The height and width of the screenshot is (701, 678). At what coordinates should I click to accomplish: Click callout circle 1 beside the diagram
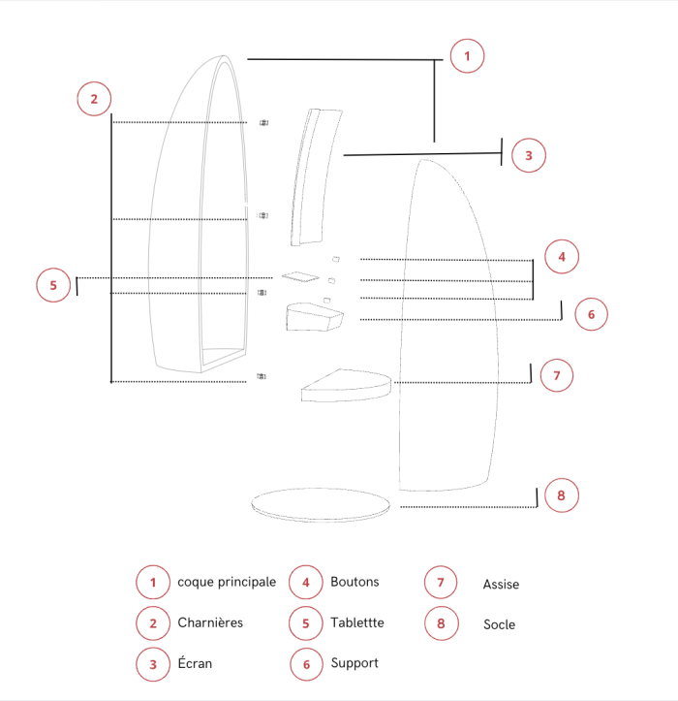467,56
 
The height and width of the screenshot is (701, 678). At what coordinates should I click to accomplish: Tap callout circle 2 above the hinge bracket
94,99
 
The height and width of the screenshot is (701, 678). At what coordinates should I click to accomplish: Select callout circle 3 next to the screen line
529,155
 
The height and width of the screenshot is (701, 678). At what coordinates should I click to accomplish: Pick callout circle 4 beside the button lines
562,257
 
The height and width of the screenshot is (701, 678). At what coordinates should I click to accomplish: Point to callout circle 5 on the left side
53,285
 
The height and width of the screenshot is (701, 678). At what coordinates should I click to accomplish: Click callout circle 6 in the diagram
591,314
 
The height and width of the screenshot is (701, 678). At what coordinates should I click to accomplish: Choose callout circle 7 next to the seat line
557,375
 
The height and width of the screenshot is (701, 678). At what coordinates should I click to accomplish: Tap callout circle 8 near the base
562,495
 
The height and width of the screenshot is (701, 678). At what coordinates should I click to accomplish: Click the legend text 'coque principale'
227,582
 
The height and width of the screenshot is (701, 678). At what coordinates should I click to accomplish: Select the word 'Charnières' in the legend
210,622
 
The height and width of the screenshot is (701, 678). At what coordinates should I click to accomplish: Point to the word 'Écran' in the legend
195,662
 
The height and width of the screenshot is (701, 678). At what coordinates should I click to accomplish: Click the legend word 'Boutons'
354,582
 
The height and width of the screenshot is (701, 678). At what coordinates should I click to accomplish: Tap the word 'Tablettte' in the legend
357,622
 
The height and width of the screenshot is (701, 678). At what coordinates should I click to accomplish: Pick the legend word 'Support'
354,663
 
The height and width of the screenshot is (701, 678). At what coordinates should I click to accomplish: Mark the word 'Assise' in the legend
501,585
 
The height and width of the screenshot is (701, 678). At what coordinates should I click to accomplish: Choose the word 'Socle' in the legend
500,624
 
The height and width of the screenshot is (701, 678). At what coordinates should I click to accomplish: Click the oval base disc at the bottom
321,505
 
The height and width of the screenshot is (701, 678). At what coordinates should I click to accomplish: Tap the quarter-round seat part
346,385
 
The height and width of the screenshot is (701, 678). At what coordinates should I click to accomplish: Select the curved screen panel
316,177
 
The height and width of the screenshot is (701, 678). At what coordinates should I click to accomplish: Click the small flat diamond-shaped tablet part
300,276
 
